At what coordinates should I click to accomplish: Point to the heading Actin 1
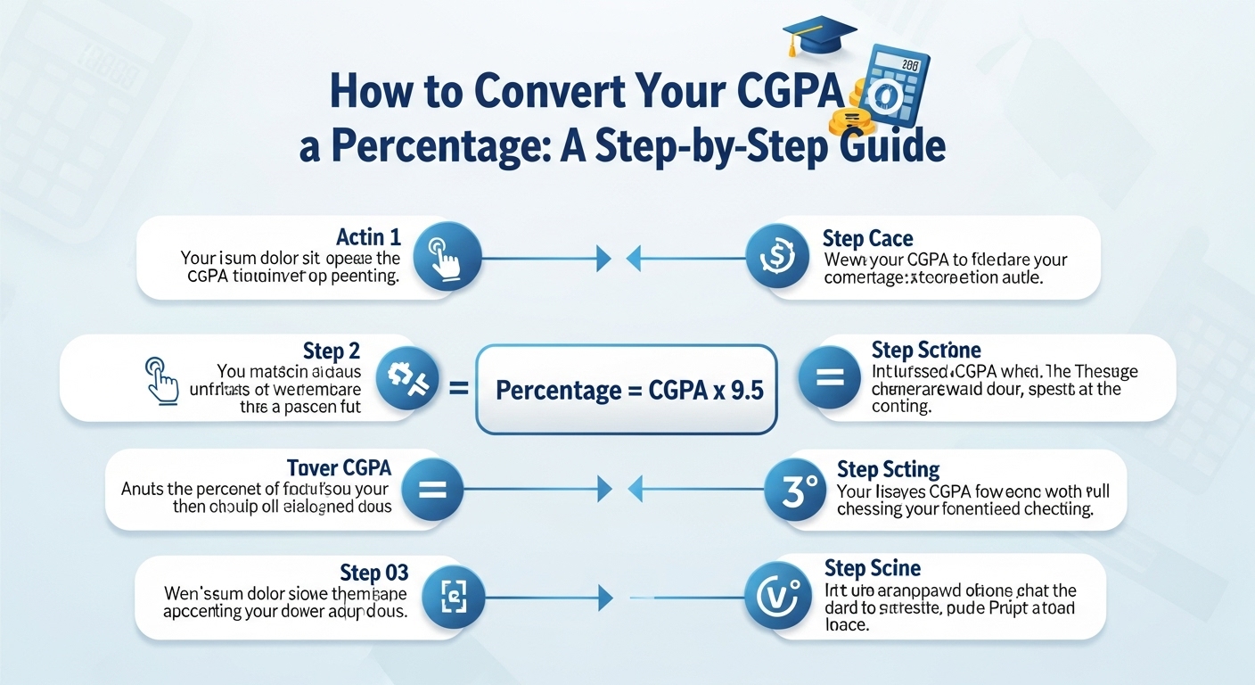[368, 237]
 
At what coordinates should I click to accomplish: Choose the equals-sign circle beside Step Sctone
[829, 377]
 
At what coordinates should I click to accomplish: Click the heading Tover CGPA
[339, 467]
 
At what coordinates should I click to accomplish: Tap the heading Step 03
[374, 572]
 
